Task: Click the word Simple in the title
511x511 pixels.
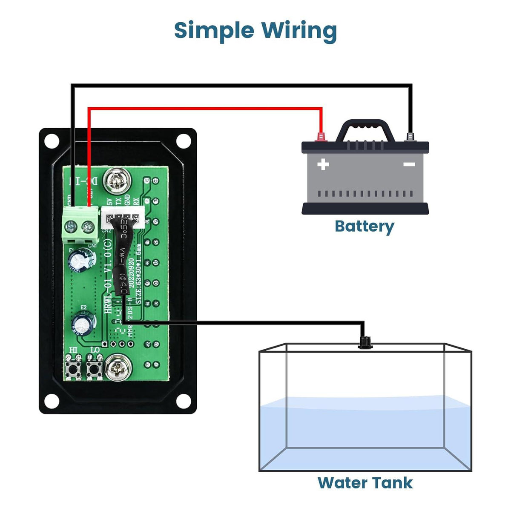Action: [214, 31]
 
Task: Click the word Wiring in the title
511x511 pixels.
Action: [299, 31]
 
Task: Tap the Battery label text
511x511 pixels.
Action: [364, 226]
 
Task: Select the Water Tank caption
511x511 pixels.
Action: [365, 482]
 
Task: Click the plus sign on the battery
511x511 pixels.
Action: [323, 164]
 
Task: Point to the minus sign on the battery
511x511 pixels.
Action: [409, 164]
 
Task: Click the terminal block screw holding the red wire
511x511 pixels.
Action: [89, 226]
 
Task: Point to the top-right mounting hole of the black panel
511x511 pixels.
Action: [184, 141]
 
